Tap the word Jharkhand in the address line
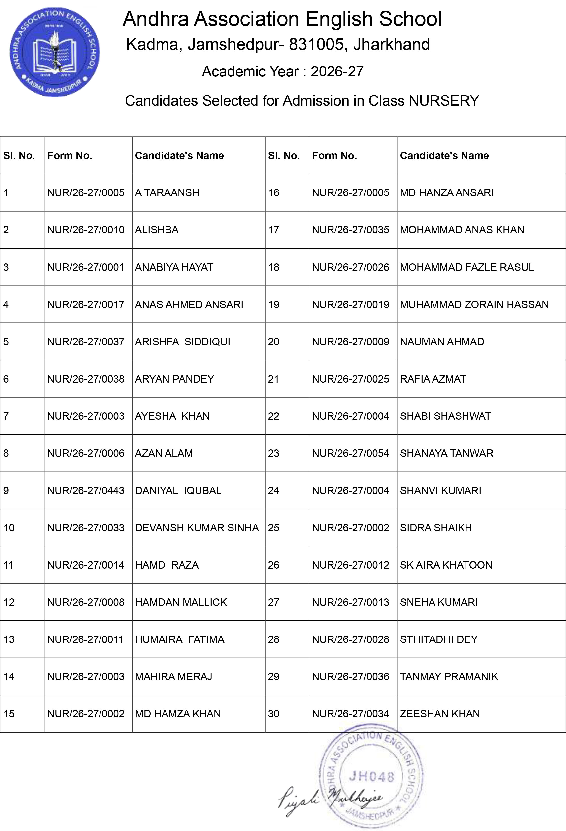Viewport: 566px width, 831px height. (391, 45)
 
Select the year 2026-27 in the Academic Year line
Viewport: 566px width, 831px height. (337, 71)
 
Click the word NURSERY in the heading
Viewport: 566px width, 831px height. (444, 101)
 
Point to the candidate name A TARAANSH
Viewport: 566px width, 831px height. (167, 193)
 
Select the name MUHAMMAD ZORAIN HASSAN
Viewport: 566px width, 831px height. (474, 304)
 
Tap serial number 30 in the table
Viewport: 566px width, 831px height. (274, 713)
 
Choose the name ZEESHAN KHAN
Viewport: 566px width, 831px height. (440, 713)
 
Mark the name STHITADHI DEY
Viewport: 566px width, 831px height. (439, 639)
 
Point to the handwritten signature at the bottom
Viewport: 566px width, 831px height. (329, 799)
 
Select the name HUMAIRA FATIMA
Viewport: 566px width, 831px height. (180, 639)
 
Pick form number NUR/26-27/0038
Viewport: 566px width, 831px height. (86, 379)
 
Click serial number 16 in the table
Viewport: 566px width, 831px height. (274, 193)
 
